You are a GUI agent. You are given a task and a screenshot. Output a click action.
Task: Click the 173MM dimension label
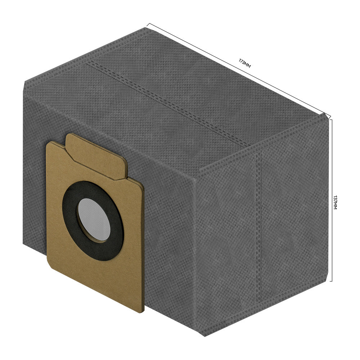(245, 63)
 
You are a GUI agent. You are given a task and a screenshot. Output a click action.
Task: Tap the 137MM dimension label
(335, 202)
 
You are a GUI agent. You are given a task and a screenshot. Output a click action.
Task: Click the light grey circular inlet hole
(94, 220)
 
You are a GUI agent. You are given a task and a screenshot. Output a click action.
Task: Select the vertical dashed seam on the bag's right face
(259, 226)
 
